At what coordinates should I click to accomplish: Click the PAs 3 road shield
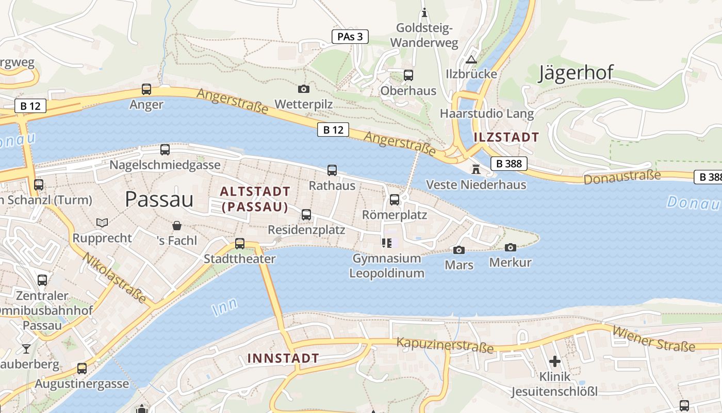click(x=350, y=36)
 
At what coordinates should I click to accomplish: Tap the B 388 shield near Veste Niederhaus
click(x=509, y=164)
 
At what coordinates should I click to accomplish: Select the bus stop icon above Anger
click(x=146, y=89)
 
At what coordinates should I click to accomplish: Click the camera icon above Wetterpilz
click(x=304, y=89)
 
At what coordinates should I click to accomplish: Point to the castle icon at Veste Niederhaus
click(x=475, y=169)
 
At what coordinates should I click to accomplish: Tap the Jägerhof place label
click(x=576, y=73)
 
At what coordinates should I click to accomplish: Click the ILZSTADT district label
click(x=506, y=137)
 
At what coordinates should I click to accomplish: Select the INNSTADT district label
click(x=283, y=358)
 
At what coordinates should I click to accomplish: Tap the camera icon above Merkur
click(x=510, y=248)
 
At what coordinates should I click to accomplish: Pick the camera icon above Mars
click(x=458, y=250)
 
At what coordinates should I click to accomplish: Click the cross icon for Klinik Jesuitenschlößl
click(x=555, y=361)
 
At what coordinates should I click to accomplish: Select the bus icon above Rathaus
click(x=332, y=170)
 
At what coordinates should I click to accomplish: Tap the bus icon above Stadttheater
click(x=240, y=244)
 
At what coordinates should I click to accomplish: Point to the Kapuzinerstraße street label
click(x=445, y=345)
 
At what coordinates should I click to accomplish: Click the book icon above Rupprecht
click(x=102, y=223)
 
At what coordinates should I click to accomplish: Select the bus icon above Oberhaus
click(x=408, y=75)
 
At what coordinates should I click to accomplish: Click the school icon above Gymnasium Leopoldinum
click(x=387, y=243)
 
